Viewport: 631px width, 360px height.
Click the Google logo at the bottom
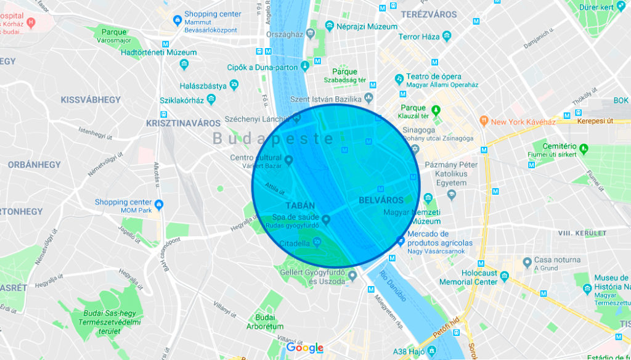pyautogui.click(x=305, y=348)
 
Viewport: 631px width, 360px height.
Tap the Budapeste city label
pyautogui.click(x=274, y=139)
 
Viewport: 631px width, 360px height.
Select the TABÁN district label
pyautogui.click(x=301, y=205)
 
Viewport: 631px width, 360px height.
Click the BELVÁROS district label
pyautogui.click(x=381, y=200)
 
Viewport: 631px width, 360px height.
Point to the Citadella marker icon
pyautogui.click(x=317, y=242)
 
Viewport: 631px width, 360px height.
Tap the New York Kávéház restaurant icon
pyautogui.click(x=484, y=121)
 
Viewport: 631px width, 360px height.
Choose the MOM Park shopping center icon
pyautogui.click(x=159, y=205)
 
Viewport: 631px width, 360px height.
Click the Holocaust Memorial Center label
pyautogui.click(x=468, y=277)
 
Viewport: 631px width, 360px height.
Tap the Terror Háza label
pyautogui.click(x=419, y=37)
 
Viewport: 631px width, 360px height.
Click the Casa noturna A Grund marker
pyautogui.click(x=527, y=263)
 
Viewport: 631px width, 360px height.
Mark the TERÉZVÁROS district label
pyautogui.click(x=429, y=14)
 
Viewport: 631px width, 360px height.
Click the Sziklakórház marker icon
pyautogui.click(x=212, y=99)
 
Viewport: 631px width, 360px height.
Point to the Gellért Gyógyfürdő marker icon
pyautogui.click(x=352, y=276)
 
